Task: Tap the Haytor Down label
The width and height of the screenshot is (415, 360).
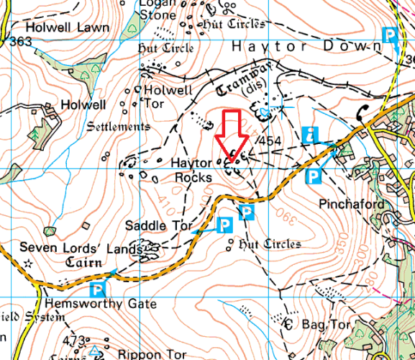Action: (306, 46)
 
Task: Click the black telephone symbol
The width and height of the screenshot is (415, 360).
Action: (361, 114)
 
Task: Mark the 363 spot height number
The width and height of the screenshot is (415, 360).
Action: (22, 42)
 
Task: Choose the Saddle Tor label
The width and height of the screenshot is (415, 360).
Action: (159, 225)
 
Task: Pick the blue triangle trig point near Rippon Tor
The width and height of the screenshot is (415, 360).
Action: (95, 351)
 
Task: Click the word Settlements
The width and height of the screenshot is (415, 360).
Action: (118, 127)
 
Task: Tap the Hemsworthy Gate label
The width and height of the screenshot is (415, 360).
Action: (100, 304)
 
